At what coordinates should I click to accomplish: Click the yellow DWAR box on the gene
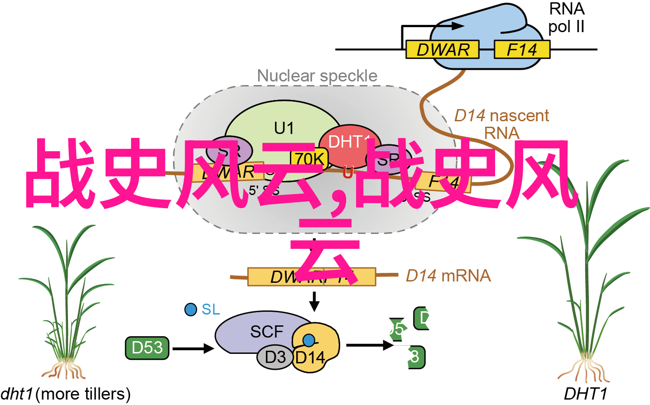click(442, 49)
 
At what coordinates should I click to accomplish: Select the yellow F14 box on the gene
click(521, 49)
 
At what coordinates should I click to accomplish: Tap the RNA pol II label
click(566, 18)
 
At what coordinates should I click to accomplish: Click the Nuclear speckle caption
click(317, 76)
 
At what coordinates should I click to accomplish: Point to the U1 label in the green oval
click(284, 129)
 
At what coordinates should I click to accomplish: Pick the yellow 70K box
click(309, 158)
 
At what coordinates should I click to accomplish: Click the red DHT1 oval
click(349, 144)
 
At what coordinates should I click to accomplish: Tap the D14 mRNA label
click(448, 276)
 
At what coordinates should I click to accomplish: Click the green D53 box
click(147, 348)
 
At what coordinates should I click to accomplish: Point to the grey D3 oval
click(275, 357)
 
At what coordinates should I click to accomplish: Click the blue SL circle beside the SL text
click(191, 310)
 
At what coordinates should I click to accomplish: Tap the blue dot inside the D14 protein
click(308, 340)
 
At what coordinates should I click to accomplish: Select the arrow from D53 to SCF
click(193, 348)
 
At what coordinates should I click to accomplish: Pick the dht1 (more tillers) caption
click(66, 394)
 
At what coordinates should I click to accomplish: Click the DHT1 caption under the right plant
click(585, 394)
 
